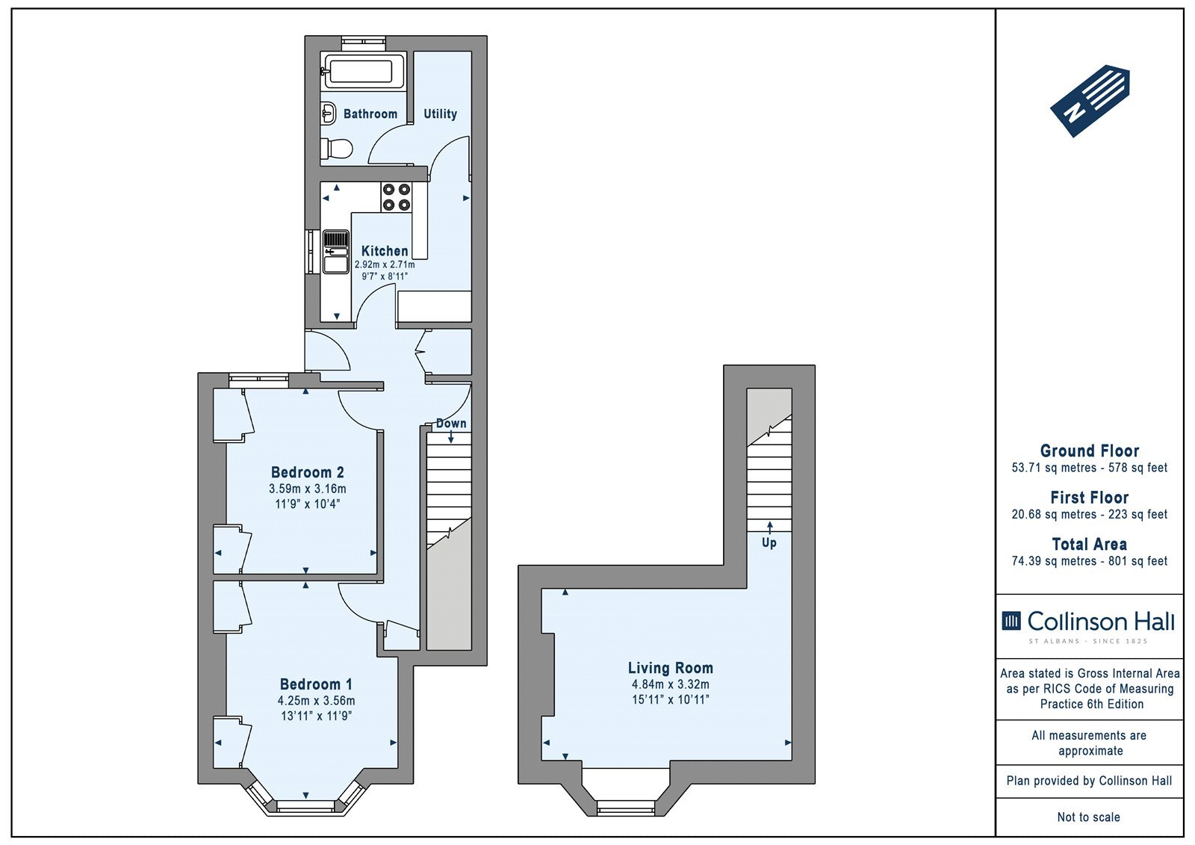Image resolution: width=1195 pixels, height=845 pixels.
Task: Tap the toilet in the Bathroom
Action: coord(337,149)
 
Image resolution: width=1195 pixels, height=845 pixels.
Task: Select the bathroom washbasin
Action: coord(328,114)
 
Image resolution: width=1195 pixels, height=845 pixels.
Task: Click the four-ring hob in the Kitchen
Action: coord(397,197)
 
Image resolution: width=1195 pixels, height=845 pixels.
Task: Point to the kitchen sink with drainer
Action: coord(335,252)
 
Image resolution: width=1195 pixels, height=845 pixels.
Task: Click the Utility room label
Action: coord(440,114)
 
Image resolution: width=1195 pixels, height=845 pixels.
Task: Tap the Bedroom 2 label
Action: coord(307,472)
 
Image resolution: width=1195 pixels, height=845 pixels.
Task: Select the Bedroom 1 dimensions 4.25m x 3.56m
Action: coord(316,700)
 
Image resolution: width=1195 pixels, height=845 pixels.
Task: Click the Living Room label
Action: coord(670,668)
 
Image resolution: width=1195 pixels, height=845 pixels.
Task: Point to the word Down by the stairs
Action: coord(451,424)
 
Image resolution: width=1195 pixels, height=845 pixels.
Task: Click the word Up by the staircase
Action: coord(769,543)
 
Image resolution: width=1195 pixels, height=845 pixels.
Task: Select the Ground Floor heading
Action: coord(1090,451)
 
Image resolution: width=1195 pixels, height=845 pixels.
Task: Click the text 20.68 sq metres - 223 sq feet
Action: coord(1090,514)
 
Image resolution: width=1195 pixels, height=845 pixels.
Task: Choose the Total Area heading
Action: coord(1090,544)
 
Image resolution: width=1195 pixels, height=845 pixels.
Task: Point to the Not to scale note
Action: coord(1088,817)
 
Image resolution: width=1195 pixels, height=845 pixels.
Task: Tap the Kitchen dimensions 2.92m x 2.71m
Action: coord(385,264)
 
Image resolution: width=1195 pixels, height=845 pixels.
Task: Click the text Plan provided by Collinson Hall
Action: coord(1089,781)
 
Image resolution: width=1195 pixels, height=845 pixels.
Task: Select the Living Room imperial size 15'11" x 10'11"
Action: coord(671,699)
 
